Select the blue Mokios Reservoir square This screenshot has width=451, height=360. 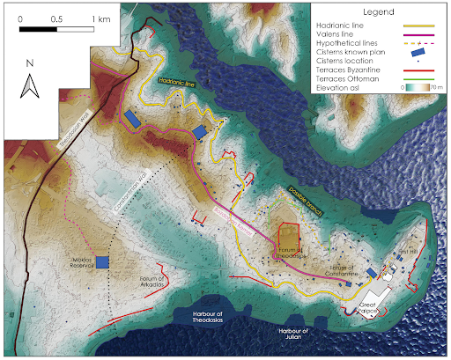point(102,262)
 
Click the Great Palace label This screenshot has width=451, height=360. point(372,308)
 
